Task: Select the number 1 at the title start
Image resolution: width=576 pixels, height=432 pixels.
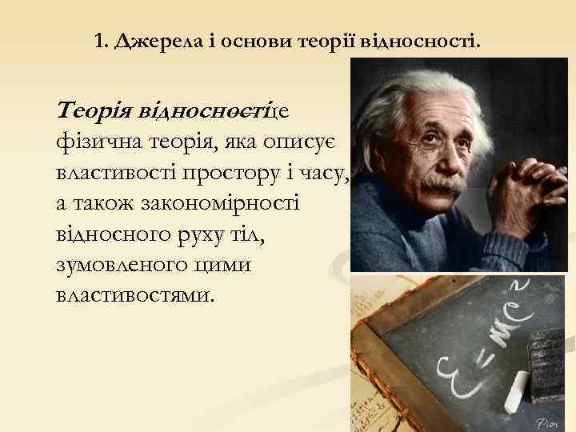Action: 98,40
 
